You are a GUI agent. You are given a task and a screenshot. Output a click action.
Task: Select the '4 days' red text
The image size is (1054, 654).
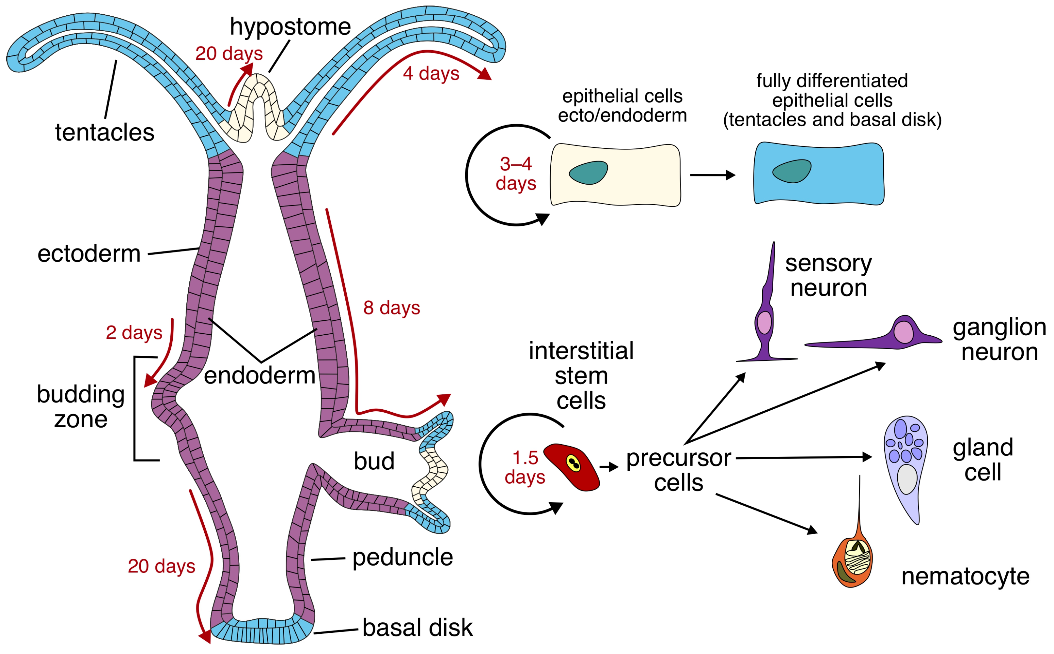pyautogui.click(x=431, y=73)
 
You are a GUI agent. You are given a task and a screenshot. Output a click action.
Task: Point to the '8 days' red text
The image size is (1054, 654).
pyautogui.click(x=392, y=308)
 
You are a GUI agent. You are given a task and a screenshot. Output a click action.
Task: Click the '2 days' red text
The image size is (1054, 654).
pyautogui.click(x=134, y=333)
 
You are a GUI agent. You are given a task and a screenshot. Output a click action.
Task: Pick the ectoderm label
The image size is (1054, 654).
pyautogui.click(x=89, y=253)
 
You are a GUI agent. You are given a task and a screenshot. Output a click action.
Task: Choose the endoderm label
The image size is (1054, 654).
pyautogui.click(x=260, y=375)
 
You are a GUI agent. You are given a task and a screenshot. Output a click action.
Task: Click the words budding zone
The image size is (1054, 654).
pyautogui.click(x=81, y=406)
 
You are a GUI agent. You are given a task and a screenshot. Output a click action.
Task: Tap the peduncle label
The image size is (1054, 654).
pyautogui.click(x=402, y=557)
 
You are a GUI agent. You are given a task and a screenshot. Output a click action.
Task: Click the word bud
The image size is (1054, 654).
pyautogui.click(x=374, y=461)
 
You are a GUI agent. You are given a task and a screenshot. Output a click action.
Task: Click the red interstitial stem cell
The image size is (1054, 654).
pyautogui.click(x=571, y=467)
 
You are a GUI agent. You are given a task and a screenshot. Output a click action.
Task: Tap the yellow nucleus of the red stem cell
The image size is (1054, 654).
pyautogui.click(x=574, y=463)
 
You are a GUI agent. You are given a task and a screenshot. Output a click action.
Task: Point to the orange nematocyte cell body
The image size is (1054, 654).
pyautogui.click(x=852, y=562)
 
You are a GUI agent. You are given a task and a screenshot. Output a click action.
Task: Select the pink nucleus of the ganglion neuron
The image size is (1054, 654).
pyautogui.click(x=904, y=332)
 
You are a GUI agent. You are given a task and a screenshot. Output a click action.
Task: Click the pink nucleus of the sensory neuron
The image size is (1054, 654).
pyautogui.click(x=764, y=323)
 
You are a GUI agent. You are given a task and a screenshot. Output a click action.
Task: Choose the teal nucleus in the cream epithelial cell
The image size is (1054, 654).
pyautogui.click(x=588, y=173)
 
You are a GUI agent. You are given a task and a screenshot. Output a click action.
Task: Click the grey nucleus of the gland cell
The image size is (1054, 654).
pyautogui.click(x=907, y=479)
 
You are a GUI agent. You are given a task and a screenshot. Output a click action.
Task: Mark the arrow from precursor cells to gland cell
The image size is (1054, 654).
pyautogui.click(x=804, y=457)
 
